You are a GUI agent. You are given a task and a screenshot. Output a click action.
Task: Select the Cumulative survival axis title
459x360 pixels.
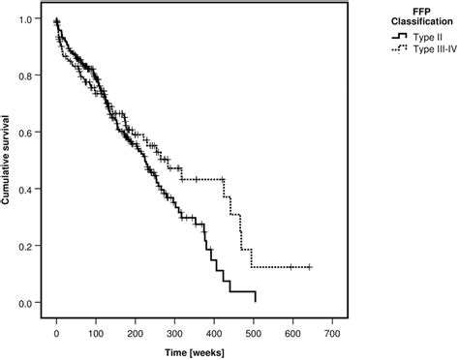[x=9, y=161]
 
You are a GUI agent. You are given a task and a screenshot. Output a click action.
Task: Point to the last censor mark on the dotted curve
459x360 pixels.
[x=309, y=267]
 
